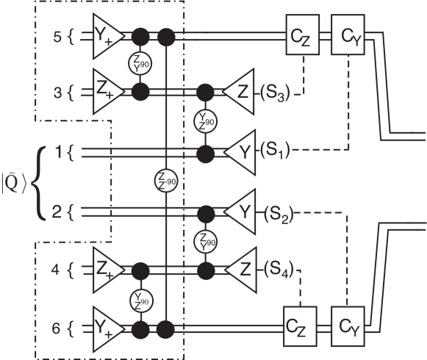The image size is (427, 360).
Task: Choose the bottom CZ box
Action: (299, 324)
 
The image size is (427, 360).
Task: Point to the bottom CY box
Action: (349, 324)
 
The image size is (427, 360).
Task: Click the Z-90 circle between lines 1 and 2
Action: (168, 180)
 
